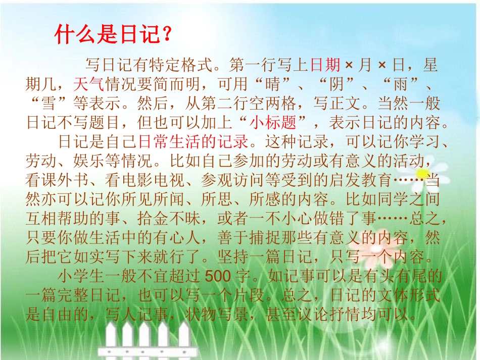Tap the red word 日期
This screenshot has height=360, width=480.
coord(325,65)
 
